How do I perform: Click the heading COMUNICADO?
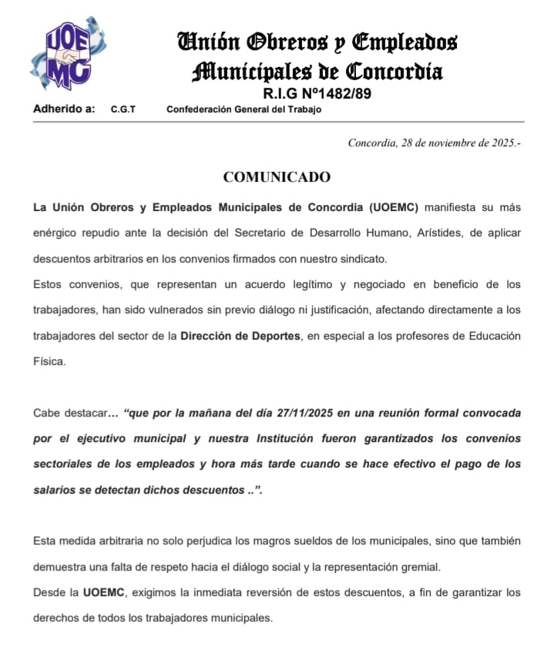[x=277, y=177]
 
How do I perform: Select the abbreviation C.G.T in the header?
[x=123, y=109]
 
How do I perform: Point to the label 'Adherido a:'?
[x=64, y=109]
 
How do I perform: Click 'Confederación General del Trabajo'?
[x=244, y=109]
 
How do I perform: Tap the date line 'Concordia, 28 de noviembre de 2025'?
[x=434, y=142]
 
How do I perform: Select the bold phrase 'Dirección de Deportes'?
[x=240, y=336]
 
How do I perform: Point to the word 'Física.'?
[x=50, y=361]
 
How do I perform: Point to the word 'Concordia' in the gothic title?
[x=394, y=73]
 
